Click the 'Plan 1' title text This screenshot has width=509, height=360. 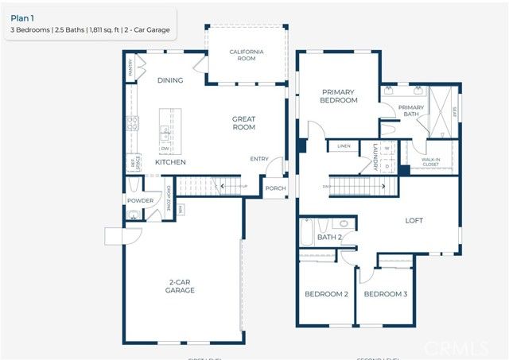click(x=22, y=14)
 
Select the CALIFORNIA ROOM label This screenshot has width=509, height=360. click(x=247, y=56)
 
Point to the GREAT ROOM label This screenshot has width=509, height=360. click(x=243, y=123)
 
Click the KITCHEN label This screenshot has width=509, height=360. click(x=170, y=162)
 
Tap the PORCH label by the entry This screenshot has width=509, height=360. click(x=275, y=188)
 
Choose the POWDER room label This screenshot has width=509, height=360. click(x=140, y=201)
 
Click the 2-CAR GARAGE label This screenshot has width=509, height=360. click(x=181, y=286)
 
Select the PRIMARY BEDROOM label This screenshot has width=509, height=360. click(x=339, y=96)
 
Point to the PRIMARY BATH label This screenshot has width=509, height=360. click(x=410, y=111)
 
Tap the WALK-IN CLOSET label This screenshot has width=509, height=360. click(x=430, y=162)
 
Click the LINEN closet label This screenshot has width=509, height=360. click(x=344, y=146)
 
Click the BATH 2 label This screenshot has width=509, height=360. click(x=328, y=237)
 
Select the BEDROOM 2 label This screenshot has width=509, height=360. click(x=326, y=294)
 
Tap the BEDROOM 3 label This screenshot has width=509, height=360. click(x=385, y=294)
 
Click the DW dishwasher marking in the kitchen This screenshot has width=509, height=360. click(x=165, y=148)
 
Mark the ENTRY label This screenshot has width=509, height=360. click(x=259, y=159)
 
